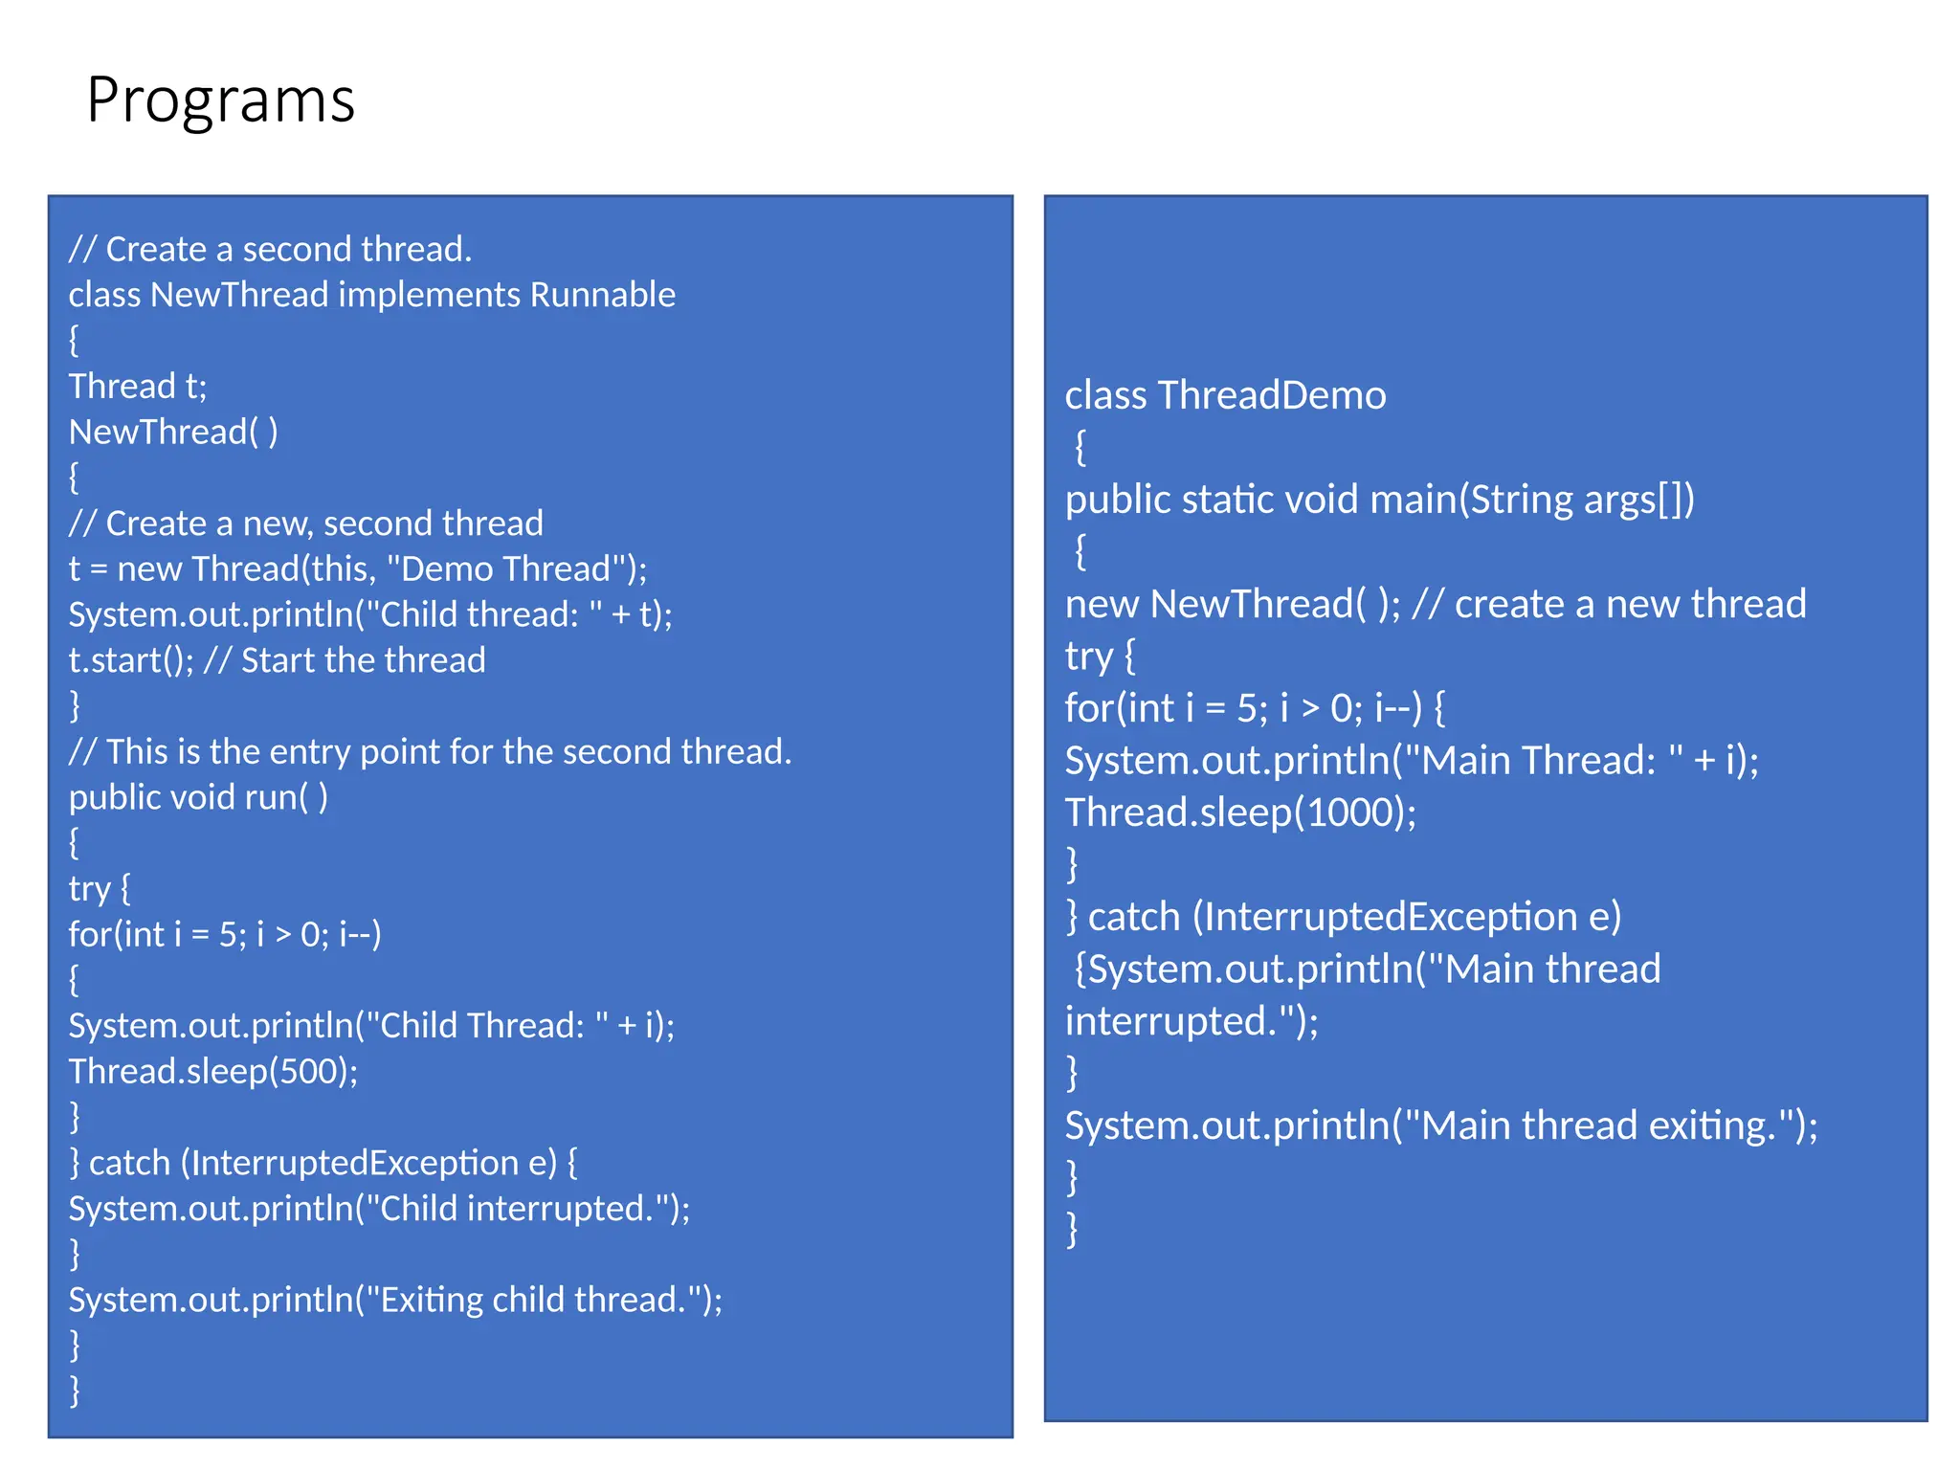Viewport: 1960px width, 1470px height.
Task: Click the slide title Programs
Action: pos(220,100)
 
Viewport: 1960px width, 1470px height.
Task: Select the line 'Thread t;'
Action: pos(138,387)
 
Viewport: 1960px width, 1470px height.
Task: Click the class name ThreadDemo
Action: pos(1271,395)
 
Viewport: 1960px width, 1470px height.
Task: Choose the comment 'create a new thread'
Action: pos(1629,605)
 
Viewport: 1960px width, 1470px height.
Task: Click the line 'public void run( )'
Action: pos(198,797)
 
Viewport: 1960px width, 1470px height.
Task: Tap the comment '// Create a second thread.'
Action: pos(270,250)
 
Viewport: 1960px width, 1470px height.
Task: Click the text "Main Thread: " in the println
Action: pos(1541,761)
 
